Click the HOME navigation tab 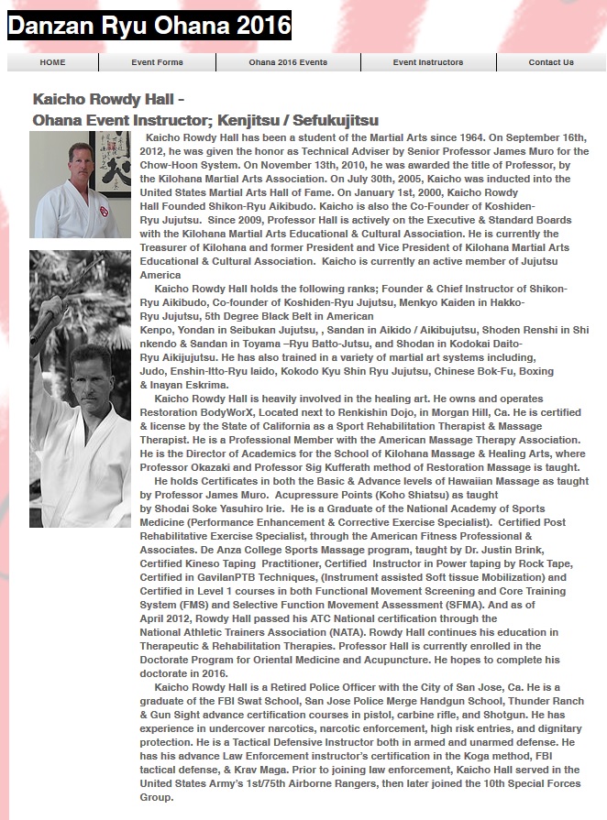pos(52,62)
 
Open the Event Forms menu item pos(157,62)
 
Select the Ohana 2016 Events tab pos(288,62)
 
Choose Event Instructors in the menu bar pos(427,62)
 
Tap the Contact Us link pos(550,62)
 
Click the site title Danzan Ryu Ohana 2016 pos(149,26)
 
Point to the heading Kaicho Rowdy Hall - pos(109,99)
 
